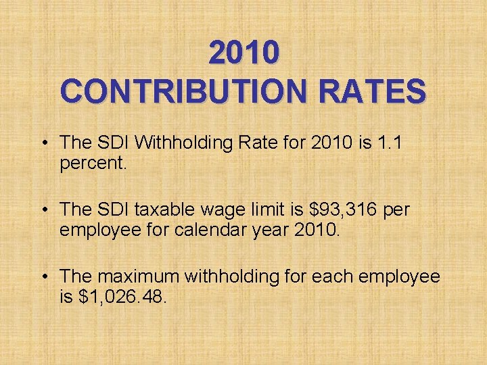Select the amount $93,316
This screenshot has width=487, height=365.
point(340,210)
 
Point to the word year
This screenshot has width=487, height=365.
point(273,231)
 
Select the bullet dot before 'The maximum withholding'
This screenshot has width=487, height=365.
point(43,276)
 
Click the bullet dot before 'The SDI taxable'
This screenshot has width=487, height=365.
point(43,210)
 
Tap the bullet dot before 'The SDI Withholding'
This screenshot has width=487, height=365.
point(43,143)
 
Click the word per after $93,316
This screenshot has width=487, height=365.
point(396,211)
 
